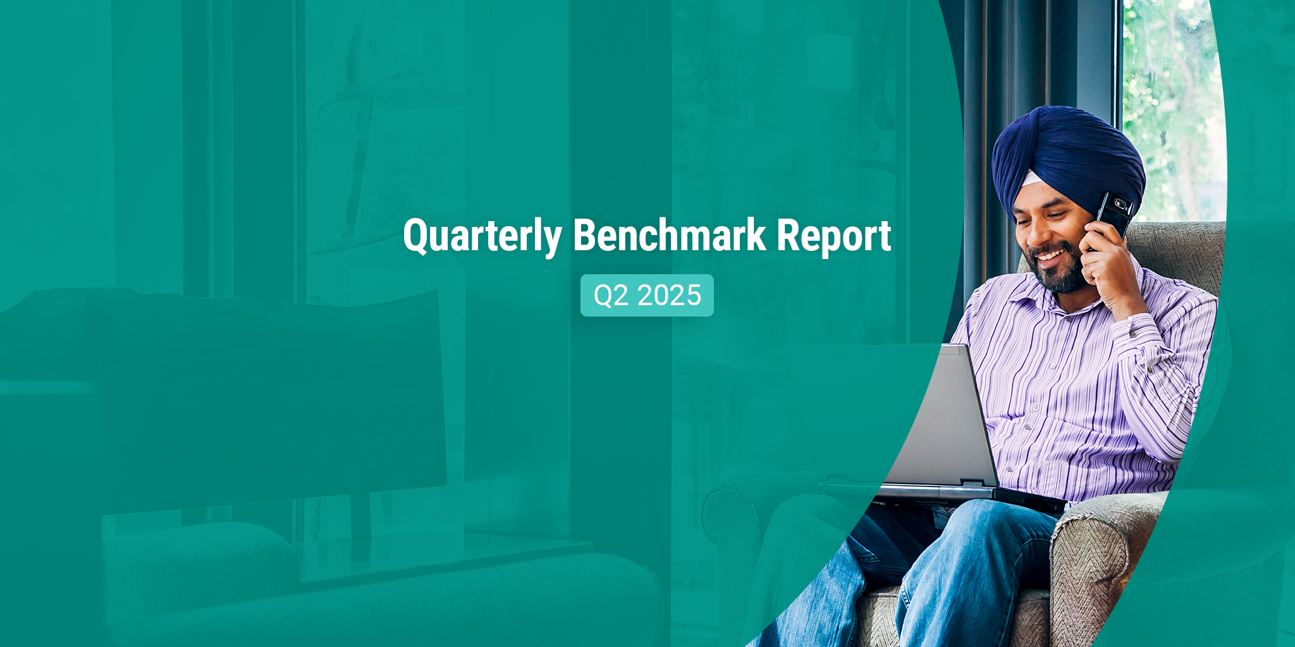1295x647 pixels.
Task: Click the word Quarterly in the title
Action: pyautogui.click(x=482, y=236)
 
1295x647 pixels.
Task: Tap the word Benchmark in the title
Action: pyautogui.click(x=670, y=235)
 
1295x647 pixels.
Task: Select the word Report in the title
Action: pyautogui.click(x=834, y=236)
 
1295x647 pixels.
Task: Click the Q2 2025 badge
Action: pyautogui.click(x=647, y=295)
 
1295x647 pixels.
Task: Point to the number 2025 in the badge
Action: pyautogui.click(x=669, y=295)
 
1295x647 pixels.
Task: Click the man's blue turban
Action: pyautogui.click(x=1069, y=158)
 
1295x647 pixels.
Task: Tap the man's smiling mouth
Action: pyautogui.click(x=1050, y=256)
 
